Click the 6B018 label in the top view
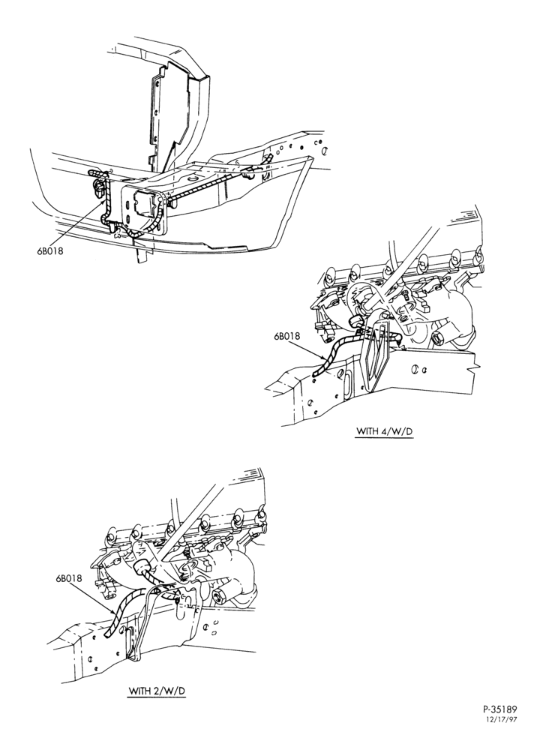50,250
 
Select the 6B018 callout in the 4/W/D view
287,336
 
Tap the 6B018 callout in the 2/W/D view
69,578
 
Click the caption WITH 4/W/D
384,431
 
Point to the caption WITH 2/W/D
157,691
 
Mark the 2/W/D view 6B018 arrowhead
113,612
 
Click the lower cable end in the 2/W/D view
107,634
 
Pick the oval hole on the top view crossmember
193,178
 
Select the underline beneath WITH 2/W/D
157,697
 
